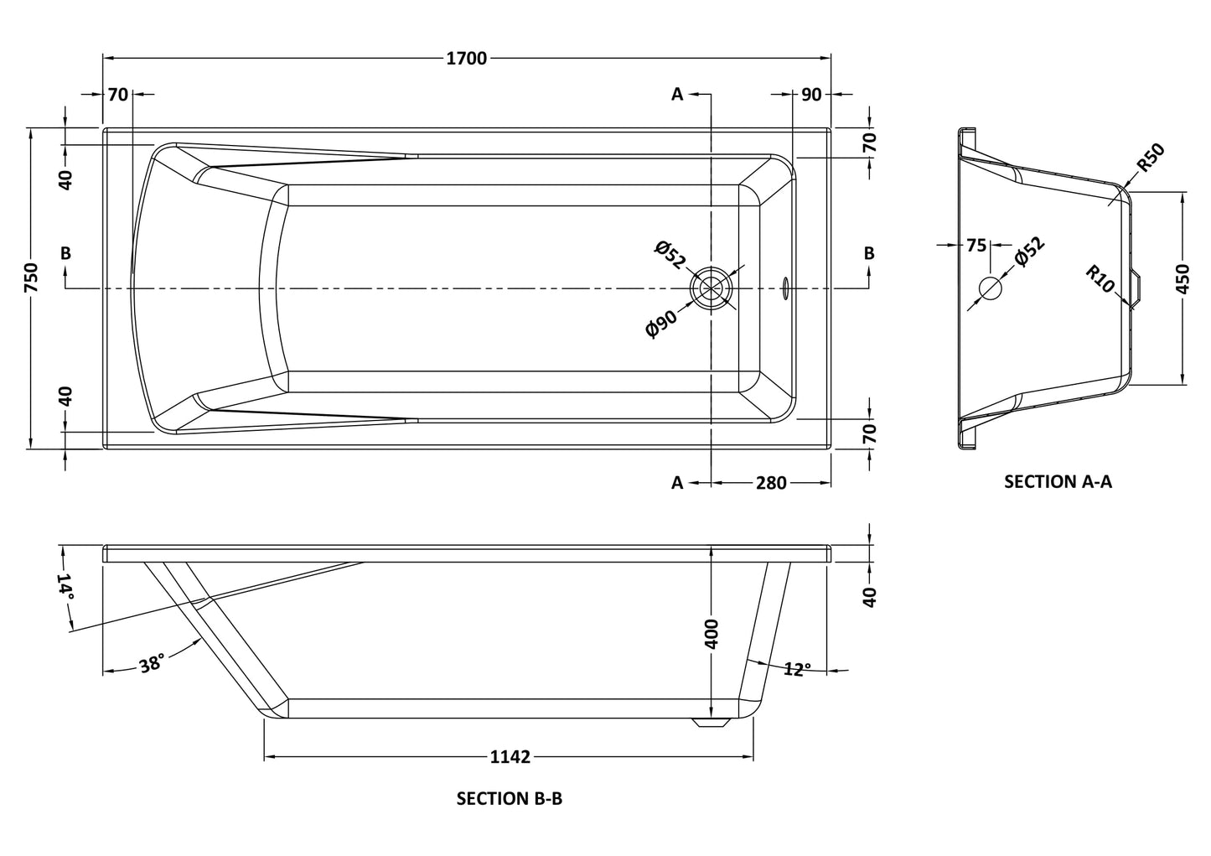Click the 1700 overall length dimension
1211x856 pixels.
click(x=467, y=58)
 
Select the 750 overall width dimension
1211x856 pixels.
click(x=31, y=278)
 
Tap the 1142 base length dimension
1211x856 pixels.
click(x=510, y=757)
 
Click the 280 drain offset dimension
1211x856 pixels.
click(x=770, y=483)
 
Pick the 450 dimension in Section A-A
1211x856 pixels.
click(x=1183, y=277)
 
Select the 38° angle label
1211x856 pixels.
click(x=152, y=664)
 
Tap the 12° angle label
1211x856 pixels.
click(x=797, y=669)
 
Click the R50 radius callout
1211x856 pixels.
click(x=1151, y=158)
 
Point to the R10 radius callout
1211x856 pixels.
click(x=1100, y=279)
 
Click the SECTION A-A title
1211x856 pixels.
click(x=1058, y=481)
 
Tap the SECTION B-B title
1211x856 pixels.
click(x=509, y=798)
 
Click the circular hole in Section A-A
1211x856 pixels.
click(x=990, y=288)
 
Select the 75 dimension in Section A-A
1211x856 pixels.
click(x=976, y=246)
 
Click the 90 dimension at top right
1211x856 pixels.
click(x=811, y=95)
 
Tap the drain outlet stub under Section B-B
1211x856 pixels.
click(x=712, y=723)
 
